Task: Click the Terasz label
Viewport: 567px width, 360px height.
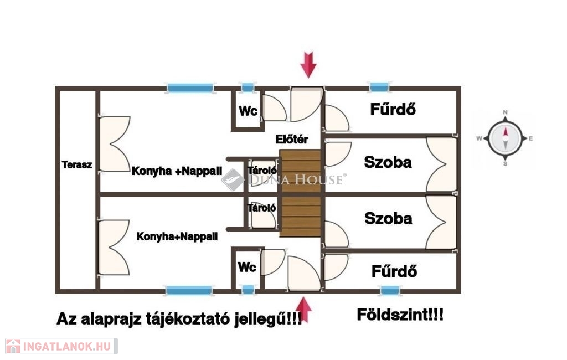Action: [76, 164]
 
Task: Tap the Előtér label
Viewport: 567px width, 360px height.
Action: [292, 140]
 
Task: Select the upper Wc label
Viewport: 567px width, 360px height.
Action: [248, 111]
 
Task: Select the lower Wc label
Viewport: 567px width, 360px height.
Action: [247, 268]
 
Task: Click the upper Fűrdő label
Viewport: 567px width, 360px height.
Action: [393, 110]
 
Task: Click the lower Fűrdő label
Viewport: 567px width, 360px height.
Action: [394, 271]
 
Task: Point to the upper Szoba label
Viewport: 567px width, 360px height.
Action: [388, 162]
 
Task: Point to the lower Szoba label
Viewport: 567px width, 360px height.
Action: [388, 218]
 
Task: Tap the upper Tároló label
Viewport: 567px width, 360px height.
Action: [262, 170]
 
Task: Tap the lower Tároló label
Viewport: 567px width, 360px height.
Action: [262, 209]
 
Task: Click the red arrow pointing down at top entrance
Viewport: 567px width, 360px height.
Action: [308, 64]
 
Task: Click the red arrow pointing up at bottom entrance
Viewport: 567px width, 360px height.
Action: [304, 310]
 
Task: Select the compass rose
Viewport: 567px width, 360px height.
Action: [505, 138]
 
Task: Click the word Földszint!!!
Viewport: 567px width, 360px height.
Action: [399, 316]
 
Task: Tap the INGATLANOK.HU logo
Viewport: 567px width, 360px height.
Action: [60, 347]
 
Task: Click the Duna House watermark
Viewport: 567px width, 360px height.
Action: [285, 179]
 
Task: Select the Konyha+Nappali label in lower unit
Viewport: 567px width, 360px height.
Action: [177, 236]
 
